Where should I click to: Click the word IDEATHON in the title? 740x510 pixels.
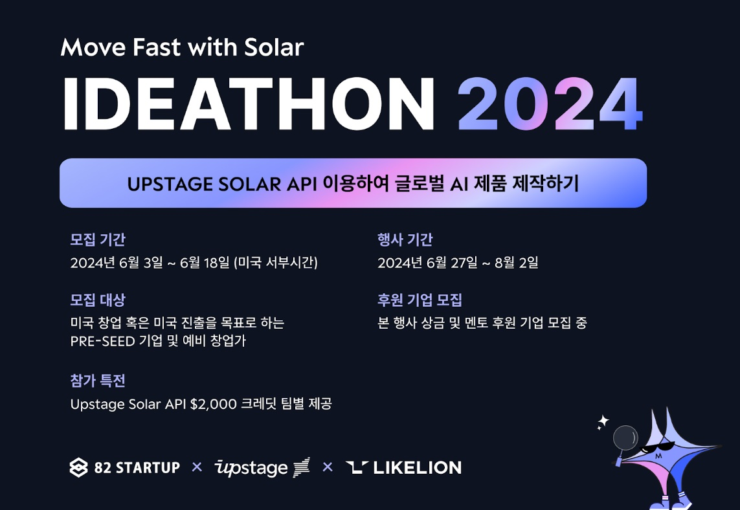[249, 104]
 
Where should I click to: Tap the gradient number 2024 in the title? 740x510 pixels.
[550, 104]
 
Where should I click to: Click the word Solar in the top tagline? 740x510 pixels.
[275, 47]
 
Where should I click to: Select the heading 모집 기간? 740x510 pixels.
[98, 239]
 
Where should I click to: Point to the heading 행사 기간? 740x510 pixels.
[405, 239]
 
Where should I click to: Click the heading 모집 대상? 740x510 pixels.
[98, 300]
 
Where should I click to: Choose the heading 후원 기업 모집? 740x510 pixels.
[420, 300]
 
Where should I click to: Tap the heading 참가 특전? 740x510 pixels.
[98, 381]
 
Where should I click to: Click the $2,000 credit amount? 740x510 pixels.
[213, 405]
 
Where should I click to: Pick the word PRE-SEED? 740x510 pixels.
[102, 341]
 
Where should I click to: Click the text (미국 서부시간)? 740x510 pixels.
[276, 262]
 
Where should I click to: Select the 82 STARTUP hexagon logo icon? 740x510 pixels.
[78, 467]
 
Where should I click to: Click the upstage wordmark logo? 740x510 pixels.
[262, 467]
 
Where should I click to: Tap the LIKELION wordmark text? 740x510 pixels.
[417, 467]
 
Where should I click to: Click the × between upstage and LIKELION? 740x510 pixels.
[328, 467]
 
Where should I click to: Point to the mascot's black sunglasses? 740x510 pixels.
[660, 447]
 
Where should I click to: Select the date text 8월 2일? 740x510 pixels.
[516, 262]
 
